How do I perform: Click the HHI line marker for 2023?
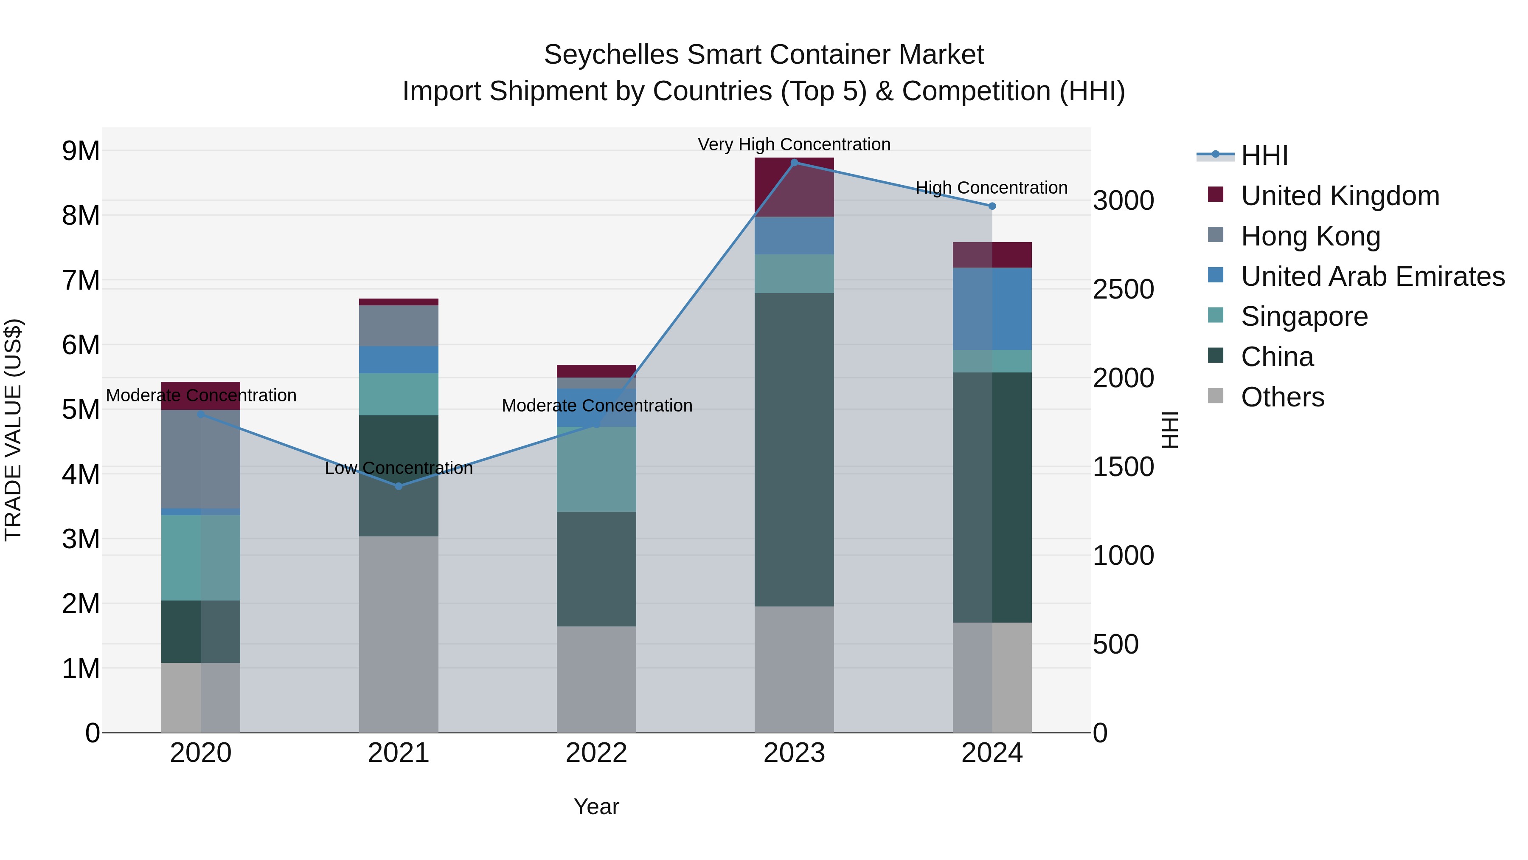[794, 162]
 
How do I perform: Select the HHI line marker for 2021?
[399, 486]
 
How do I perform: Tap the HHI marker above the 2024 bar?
[992, 206]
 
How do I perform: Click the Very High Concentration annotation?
[794, 144]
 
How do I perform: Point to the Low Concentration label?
[399, 468]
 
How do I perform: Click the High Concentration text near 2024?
[991, 188]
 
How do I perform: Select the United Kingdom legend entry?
[1340, 196]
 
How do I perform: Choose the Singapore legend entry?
[1304, 316]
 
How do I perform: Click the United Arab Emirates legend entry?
[1372, 276]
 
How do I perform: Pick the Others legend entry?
[1282, 397]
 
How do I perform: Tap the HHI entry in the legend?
[1264, 155]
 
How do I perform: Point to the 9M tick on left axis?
[81, 151]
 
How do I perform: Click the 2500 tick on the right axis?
[1123, 290]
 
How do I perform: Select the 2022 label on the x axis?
[596, 753]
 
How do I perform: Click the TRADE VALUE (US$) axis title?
[13, 430]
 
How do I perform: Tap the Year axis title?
[596, 806]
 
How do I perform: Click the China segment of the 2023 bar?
[794, 449]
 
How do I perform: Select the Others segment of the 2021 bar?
[399, 634]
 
